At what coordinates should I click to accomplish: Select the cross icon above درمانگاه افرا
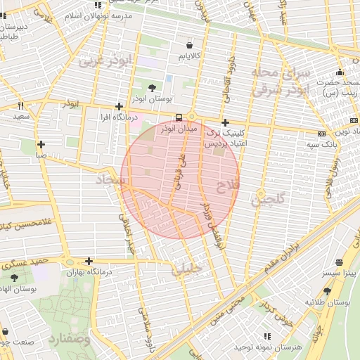click(x=119, y=107)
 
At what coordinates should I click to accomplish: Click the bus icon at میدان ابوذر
click(x=179, y=117)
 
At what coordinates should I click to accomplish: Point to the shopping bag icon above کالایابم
click(x=191, y=44)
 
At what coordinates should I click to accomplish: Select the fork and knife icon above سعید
click(x=20, y=105)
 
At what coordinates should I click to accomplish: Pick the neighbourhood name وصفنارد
click(x=69, y=340)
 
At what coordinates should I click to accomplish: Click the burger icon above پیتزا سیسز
click(x=340, y=262)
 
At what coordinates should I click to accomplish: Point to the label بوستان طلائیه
click(x=327, y=302)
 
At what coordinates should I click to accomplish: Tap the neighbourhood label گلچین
click(x=267, y=200)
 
